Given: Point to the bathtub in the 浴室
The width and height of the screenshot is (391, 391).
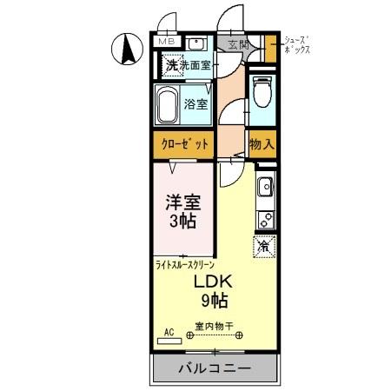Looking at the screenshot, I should pyautogui.click(x=169, y=107).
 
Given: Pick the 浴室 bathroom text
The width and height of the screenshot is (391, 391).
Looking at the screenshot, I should pyautogui.click(x=195, y=105).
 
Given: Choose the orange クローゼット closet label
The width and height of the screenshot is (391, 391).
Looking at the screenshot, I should pyautogui.click(x=185, y=144).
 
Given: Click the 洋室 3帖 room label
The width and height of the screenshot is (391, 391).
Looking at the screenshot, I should pyautogui.click(x=183, y=211).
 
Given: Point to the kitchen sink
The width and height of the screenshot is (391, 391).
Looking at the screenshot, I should pyautogui.click(x=265, y=186).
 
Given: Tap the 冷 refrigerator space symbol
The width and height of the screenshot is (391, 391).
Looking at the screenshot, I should pyautogui.click(x=264, y=246).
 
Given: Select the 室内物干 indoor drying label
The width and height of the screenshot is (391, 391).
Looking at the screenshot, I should pyautogui.click(x=211, y=327).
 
